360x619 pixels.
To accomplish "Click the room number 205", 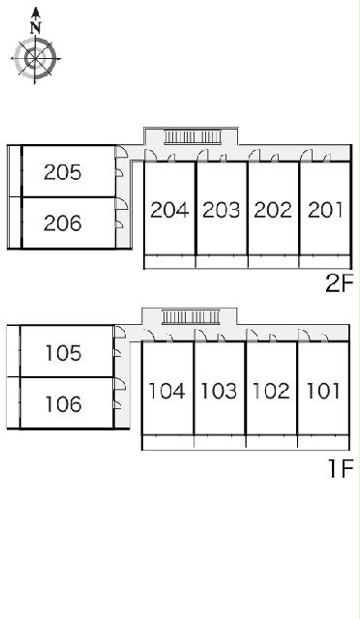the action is coord(63,172).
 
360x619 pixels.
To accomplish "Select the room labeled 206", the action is coord(63,223).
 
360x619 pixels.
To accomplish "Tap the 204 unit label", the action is coord(169,210).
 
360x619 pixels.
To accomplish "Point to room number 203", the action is coord(221,210).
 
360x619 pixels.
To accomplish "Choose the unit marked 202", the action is coord(273,210).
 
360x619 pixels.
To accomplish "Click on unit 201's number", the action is coord(324,210).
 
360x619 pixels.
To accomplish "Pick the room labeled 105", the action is coord(63,353).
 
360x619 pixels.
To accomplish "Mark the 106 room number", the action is coord(63,404).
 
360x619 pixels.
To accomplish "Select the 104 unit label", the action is coord(166,391).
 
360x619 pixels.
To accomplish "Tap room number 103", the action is coord(219,391).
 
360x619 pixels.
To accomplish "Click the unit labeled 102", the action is coord(271,391).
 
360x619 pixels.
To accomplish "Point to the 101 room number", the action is coord(323,391).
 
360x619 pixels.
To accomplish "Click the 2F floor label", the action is coord(339,283).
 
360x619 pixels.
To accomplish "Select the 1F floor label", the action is coord(341,468).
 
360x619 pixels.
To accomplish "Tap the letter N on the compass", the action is coord(36,28).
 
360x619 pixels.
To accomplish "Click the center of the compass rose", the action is coord(35,58).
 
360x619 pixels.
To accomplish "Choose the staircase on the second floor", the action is coord(193,137).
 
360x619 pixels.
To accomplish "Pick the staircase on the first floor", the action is coord(191,316).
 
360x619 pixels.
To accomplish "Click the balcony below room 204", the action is coord(169,262).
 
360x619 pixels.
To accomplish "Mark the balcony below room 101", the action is coord(323,442).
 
